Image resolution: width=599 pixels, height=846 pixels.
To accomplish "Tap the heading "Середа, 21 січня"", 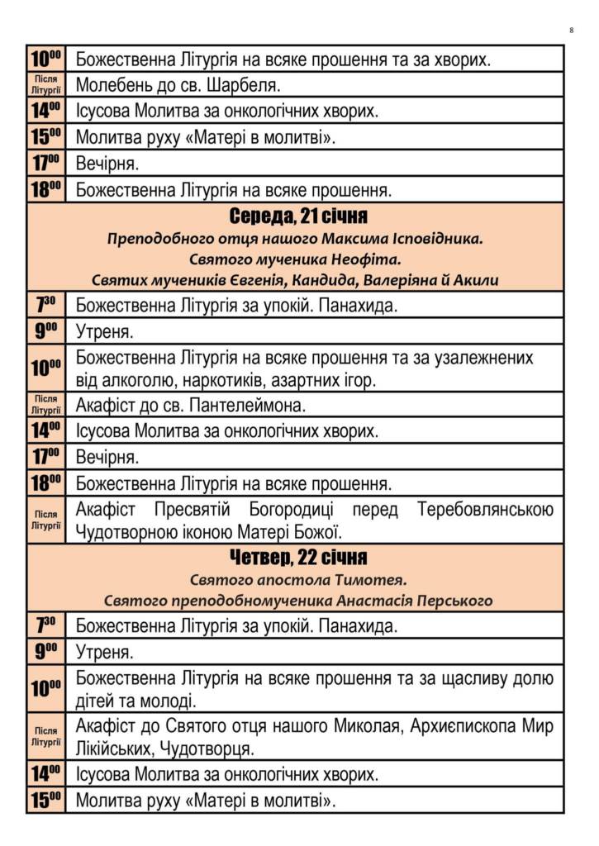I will coord(297,216).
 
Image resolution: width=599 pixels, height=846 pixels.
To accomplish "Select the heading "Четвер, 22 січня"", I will coord(297,556).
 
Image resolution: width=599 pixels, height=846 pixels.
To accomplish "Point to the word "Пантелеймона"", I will coord(247,406).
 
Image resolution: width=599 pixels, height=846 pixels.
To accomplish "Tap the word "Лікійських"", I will coord(124,750).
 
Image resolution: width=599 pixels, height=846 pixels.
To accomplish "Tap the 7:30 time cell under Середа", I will coord(45,305).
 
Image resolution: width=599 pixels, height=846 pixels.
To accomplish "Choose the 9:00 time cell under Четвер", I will coord(45,652).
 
